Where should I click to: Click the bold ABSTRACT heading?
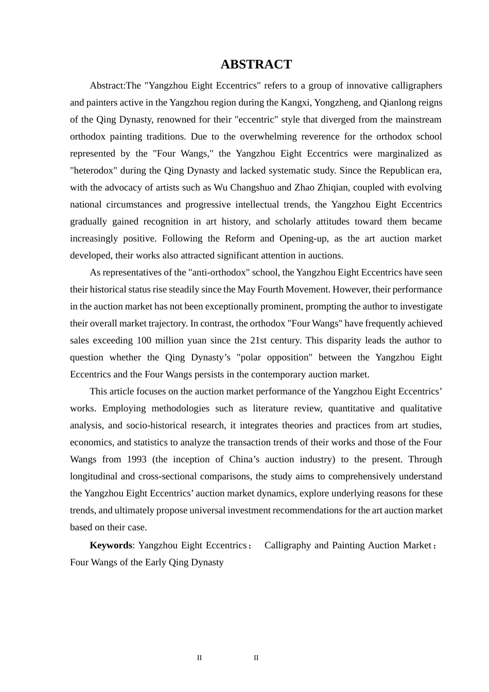tap(256, 64)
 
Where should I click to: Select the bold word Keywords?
tap(111, 545)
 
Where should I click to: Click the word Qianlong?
tap(395, 102)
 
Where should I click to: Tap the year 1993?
tap(136, 459)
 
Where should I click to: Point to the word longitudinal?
tap(93, 476)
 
